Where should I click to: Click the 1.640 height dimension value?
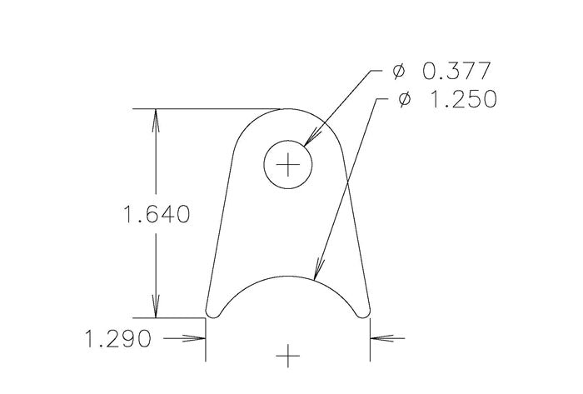click(156, 215)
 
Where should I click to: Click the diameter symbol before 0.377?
click(399, 72)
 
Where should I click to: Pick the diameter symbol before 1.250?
click(406, 100)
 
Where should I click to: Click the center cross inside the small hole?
click(287, 166)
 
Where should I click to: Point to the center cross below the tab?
click(287, 357)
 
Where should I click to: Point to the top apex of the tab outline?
click(287, 109)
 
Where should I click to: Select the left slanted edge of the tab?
click(218, 225)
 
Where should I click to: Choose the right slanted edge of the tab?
click(356, 225)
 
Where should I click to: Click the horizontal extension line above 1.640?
click(208, 108)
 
